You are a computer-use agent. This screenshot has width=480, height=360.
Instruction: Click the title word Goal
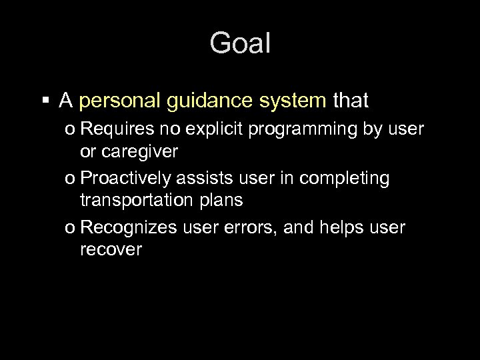[240, 44]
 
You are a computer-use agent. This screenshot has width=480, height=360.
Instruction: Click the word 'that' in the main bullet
[350, 101]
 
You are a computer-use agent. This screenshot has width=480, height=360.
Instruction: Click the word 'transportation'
[141, 200]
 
